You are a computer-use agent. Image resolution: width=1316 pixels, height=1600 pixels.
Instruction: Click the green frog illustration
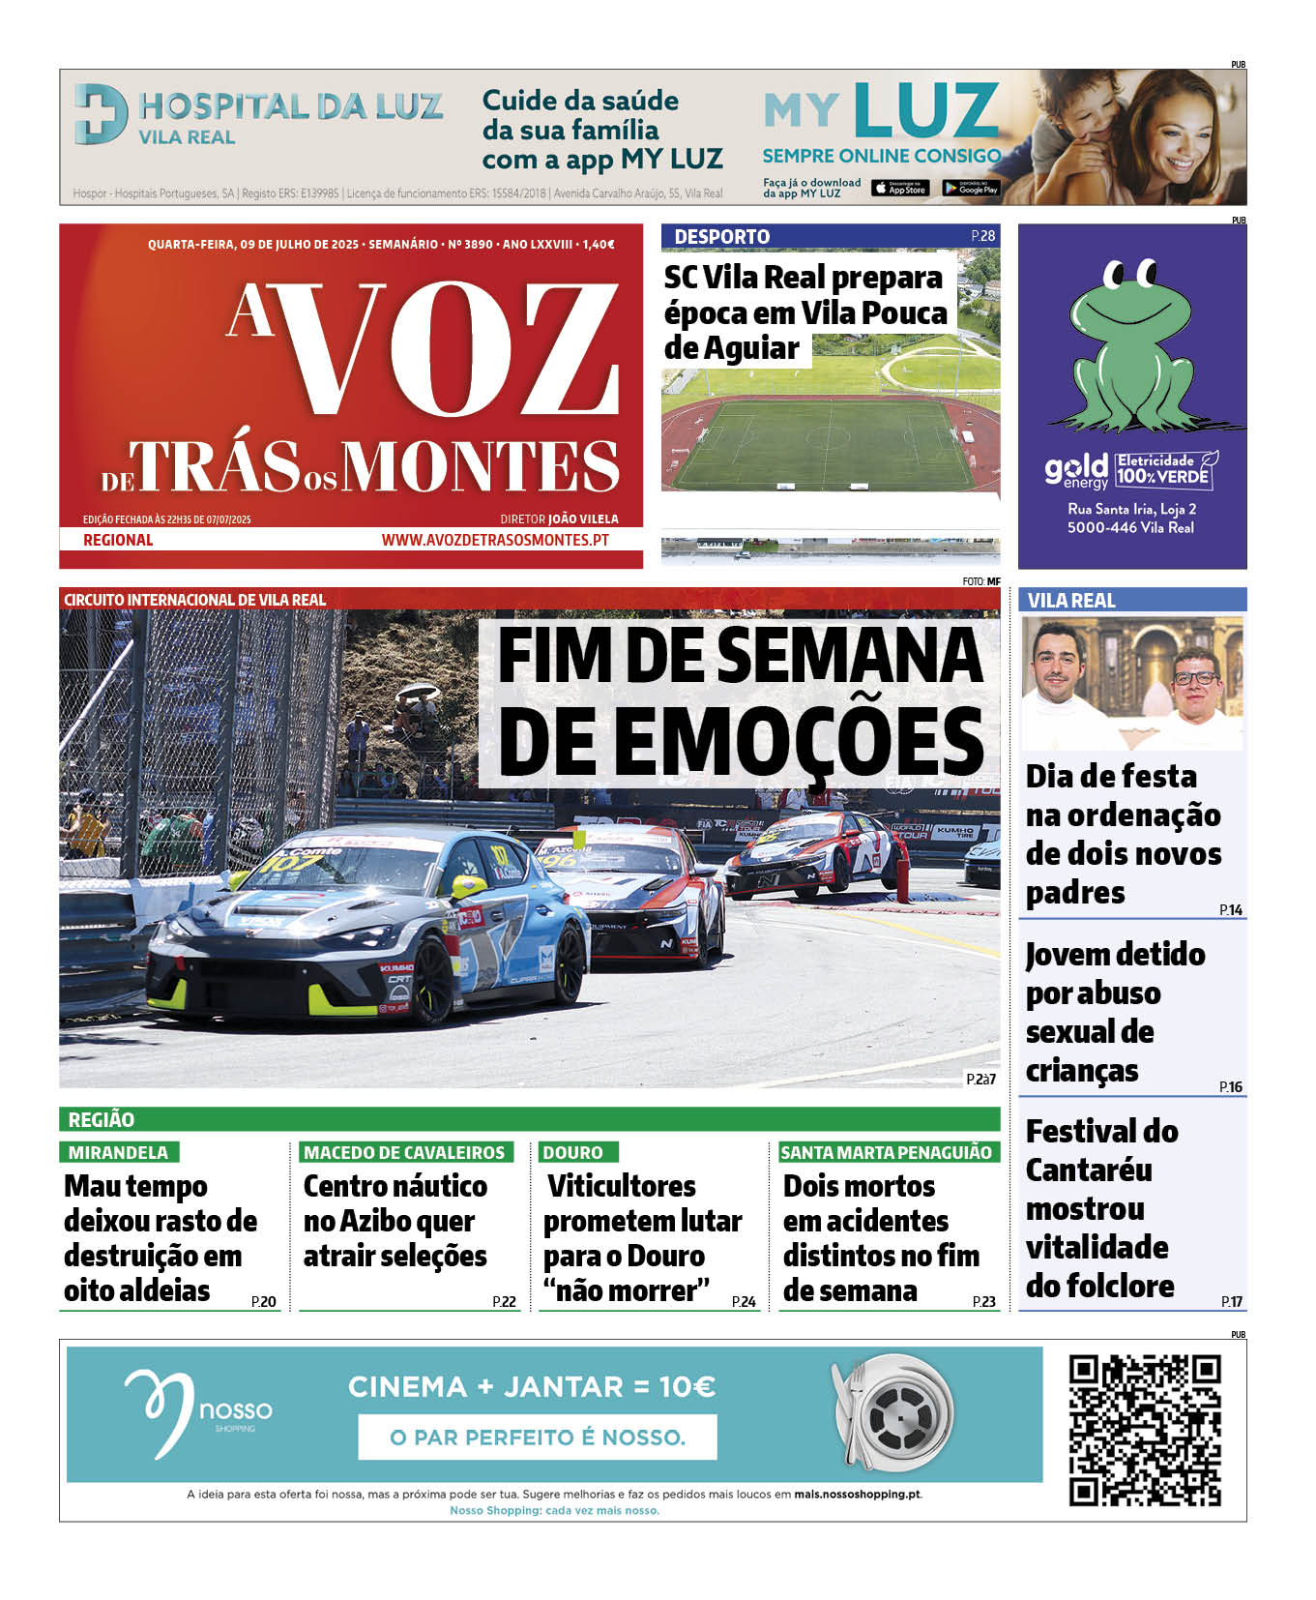[x=1130, y=348]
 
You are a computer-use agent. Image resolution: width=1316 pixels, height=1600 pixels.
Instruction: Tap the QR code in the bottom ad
[x=1145, y=1430]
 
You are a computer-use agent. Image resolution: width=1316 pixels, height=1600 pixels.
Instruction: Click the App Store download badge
[x=900, y=189]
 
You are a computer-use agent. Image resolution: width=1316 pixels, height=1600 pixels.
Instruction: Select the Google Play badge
[x=971, y=189]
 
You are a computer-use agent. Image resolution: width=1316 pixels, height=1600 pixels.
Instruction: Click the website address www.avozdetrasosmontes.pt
[x=495, y=540]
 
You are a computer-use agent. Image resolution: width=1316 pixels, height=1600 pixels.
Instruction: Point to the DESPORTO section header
[x=722, y=236]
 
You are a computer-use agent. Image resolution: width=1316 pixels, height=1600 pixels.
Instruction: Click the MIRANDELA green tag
[x=118, y=1152]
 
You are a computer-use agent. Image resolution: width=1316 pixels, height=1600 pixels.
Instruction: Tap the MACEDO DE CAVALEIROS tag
[x=404, y=1152]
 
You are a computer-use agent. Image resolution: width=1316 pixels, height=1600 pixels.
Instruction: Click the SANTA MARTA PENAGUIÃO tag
[x=886, y=1152]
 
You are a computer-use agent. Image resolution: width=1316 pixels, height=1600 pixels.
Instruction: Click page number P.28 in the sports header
[x=982, y=235]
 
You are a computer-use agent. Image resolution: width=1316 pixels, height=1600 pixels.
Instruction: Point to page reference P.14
[x=1231, y=909]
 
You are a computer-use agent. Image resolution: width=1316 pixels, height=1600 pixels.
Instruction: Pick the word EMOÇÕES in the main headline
[x=742, y=740]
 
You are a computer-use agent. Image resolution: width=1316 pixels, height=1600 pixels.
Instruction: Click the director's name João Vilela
[x=583, y=519]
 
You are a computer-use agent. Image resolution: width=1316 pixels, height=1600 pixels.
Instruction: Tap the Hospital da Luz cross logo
[x=101, y=114]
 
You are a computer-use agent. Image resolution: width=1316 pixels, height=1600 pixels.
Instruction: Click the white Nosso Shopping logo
[x=197, y=1413]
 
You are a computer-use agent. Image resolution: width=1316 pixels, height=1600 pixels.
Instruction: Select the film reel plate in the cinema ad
[x=893, y=1413]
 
